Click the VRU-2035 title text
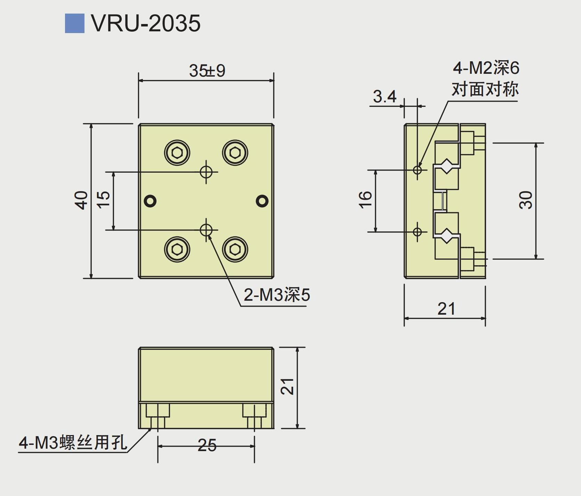[x=146, y=23]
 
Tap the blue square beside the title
[x=74, y=23]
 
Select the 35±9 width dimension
[x=207, y=71]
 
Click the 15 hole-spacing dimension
[x=103, y=200]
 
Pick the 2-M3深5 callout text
[x=276, y=295]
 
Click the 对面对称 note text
[x=485, y=89]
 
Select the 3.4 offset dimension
[x=385, y=96]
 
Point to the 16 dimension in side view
[x=365, y=200]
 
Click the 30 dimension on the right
[x=526, y=200]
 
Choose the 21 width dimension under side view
[x=446, y=309]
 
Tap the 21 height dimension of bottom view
[x=288, y=386]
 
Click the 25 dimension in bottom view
[x=207, y=445]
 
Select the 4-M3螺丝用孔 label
[x=73, y=443]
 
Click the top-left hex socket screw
[x=177, y=152]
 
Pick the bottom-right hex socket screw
[x=235, y=249]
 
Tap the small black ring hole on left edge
[x=151, y=201]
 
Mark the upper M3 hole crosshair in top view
[x=206, y=172]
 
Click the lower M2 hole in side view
[x=417, y=231]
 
